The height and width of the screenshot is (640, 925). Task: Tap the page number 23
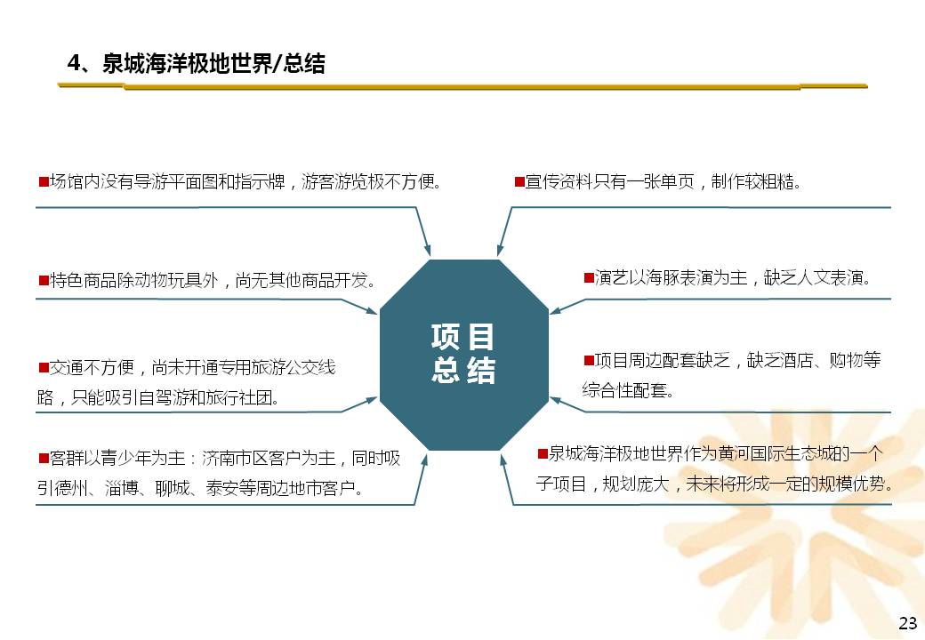[x=908, y=623]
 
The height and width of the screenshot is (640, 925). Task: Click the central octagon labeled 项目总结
[x=463, y=355]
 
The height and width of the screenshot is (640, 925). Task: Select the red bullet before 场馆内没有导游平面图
[x=44, y=181]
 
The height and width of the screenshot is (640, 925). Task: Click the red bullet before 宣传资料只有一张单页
[x=519, y=181]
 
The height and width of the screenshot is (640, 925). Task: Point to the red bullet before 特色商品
[x=44, y=280]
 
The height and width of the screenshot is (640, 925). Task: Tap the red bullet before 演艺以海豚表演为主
[x=589, y=277]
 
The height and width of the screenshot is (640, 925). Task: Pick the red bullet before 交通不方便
[x=44, y=368]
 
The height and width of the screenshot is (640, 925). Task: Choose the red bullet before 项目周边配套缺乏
[x=589, y=359]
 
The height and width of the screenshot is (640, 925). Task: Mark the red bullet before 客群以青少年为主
[x=44, y=457]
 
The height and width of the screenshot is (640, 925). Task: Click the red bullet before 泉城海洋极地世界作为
[x=543, y=453]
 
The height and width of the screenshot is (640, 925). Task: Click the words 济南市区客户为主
[x=269, y=458]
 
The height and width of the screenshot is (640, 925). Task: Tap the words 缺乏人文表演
[x=817, y=277]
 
